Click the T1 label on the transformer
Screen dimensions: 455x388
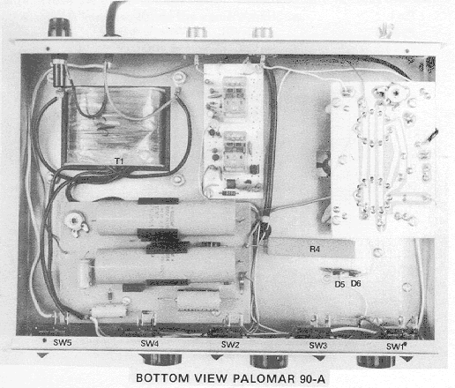click(119, 160)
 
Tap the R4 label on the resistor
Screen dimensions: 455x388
click(315, 250)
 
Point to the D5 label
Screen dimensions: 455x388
click(339, 284)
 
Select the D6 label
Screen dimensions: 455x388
click(355, 284)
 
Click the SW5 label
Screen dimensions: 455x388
click(63, 342)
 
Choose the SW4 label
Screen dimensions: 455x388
click(150, 343)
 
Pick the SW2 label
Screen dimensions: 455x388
click(230, 345)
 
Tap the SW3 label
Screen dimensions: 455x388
click(318, 346)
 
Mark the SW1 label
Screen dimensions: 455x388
click(395, 347)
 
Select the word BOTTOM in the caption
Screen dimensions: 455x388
click(162, 378)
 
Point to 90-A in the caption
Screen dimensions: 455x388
click(312, 379)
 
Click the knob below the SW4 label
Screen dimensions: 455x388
click(160, 360)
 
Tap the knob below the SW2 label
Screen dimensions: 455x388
click(269, 362)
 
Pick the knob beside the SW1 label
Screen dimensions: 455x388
click(376, 362)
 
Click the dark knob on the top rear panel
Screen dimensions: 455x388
click(60, 27)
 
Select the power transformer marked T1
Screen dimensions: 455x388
click(116, 130)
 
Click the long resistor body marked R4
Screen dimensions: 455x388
click(310, 250)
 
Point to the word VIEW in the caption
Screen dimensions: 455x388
click(211, 378)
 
